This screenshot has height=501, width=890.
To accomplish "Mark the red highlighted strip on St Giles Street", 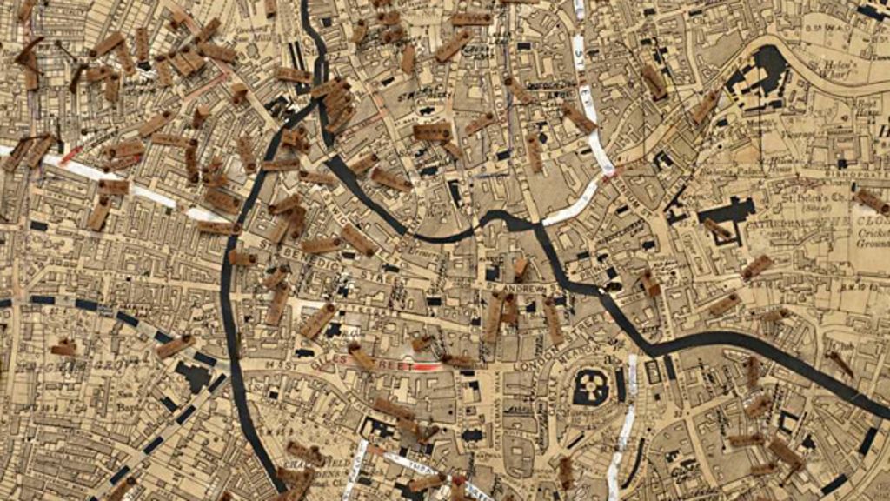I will [425, 368].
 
